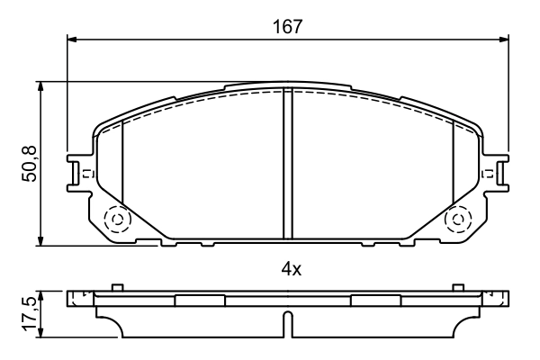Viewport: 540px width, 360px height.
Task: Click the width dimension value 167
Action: click(288, 26)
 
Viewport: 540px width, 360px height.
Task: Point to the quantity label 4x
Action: click(288, 267)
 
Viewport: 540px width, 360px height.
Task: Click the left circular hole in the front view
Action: click(116, 219)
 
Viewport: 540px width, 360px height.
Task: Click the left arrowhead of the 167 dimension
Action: click(73, 39)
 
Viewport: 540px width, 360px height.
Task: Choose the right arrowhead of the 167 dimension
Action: click(504, 39)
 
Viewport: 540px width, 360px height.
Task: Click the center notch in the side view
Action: click(287, 323)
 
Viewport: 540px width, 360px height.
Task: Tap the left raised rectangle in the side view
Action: click(199, 300)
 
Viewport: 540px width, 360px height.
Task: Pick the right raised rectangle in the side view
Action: click(375, 300)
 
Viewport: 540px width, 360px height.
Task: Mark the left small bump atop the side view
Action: click(115, 288)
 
